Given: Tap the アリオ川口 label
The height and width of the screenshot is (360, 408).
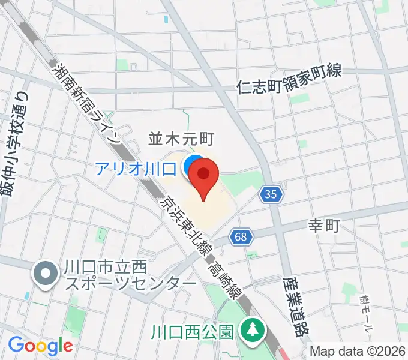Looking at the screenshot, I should pos(135,168).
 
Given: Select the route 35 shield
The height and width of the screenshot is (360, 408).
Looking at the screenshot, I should pos(271,194).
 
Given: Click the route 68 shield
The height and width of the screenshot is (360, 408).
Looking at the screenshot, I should pos(240,238).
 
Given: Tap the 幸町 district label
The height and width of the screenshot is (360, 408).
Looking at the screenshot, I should pos(325,226).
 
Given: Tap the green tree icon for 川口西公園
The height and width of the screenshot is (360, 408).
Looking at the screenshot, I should pos(250,329).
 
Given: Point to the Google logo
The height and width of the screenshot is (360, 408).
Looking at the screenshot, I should pos(40,346).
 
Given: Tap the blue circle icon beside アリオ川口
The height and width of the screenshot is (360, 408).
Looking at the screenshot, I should pos(191,166).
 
